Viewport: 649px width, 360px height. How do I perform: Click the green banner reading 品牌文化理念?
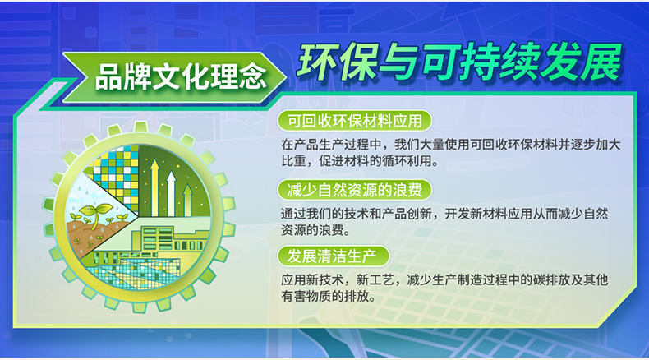point(180,77)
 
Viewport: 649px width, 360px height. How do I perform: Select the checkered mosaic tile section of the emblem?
point(115,168)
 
